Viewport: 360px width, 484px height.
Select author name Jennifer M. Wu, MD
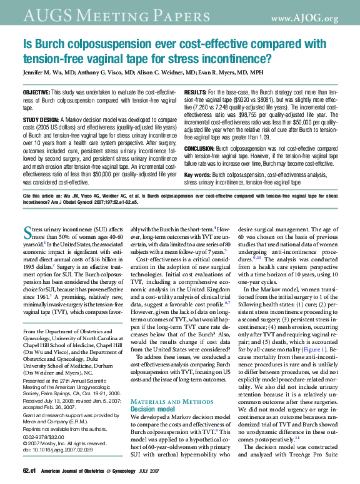50,73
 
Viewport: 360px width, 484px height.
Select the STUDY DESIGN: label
41,118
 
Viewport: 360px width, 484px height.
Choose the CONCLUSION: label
201,148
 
